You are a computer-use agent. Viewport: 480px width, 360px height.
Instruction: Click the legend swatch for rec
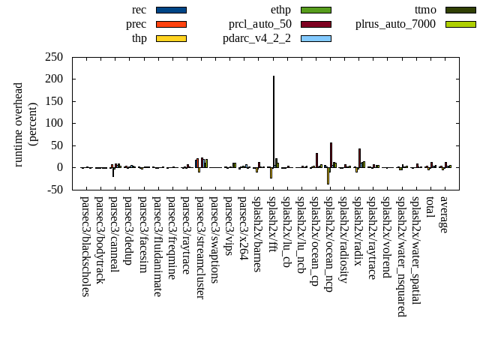tap(171, 10)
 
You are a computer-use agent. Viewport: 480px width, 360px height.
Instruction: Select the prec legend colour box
tap(171, 24)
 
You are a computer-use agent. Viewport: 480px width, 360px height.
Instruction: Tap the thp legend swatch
tap(171, 38)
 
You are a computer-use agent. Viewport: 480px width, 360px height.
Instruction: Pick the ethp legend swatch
tap(316, 10)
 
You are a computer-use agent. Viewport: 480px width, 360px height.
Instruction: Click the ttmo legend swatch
tap(460, 10)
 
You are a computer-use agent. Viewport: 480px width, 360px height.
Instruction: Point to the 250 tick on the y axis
tap(53, 57)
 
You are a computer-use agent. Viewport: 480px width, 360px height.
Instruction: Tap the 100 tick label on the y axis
tap(53, 123)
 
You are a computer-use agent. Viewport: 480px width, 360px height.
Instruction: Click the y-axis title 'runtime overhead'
tap(19, 124)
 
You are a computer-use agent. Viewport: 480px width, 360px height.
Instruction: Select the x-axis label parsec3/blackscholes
tap(85, 247)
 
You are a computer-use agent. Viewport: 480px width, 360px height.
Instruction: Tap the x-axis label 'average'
tap(444, 213)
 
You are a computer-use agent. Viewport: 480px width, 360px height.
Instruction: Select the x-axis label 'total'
tap(430, 207)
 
